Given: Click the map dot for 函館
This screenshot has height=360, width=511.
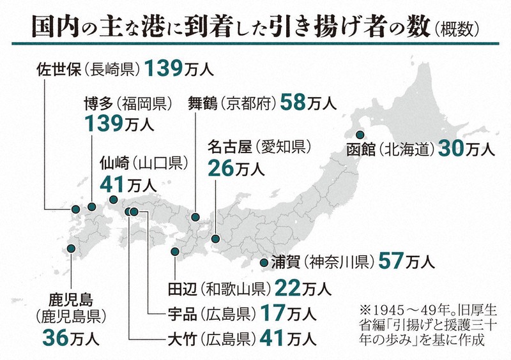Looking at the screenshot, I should click(360, 135).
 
